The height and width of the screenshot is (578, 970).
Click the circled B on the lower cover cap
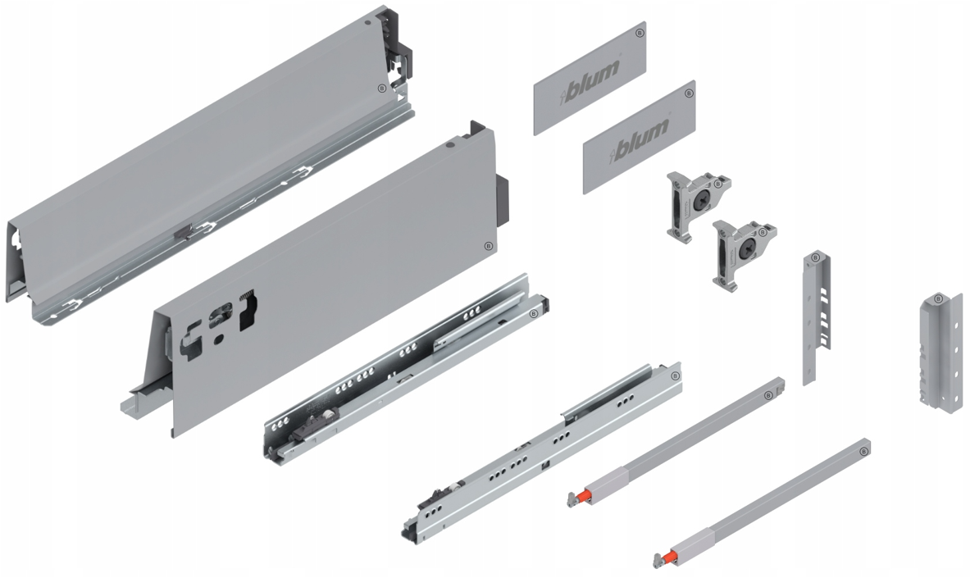[x=689, y=93]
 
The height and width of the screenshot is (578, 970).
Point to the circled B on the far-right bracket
[x=939, y=299]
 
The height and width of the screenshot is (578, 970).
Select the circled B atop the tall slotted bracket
[x=816, y=257]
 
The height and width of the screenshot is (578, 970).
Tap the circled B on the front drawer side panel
[x=488, y=246]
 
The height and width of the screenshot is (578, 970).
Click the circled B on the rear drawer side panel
[x=381, y=89]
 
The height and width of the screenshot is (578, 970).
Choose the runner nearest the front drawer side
[x=408, y=369]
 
